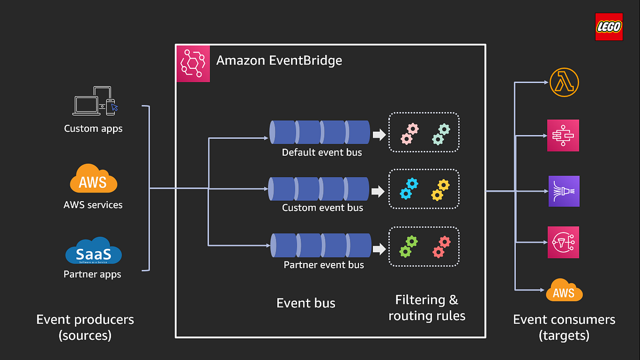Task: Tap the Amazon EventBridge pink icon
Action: click(x=193, y=65)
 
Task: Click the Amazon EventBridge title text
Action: click(x=279, y=60)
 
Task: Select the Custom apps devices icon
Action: click(x=95, y=101)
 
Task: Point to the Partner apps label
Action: click(x=92, y=274)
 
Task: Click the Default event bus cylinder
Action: click(x=320, y=132)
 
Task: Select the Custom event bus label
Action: click(x=322, y=207)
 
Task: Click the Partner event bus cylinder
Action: click(x=321, y=245)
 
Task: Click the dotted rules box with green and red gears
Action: click(x=424, y=246)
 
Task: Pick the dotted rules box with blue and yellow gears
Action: click(x=424, y=189)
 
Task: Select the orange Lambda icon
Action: click(x=564, y=83)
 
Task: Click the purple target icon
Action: click(x=563, y=191)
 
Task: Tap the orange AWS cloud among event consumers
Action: click(x=564, y=291)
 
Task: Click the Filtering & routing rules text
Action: click(x=427, y=308)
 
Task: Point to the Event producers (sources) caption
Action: click(x=85, y=327)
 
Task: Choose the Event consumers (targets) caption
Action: click(x=564, y=327)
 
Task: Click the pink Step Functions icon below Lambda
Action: click(x=563, y=135)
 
